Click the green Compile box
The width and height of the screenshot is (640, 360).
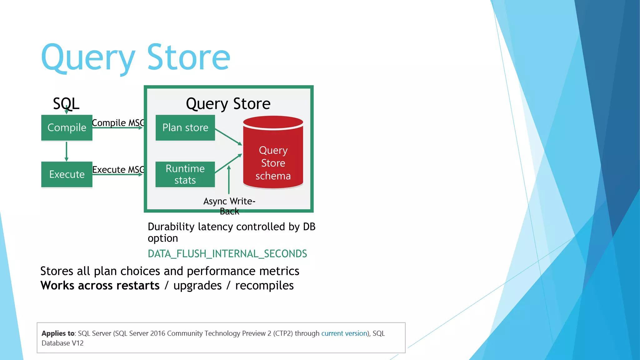pyautogui.click(x=67, y=127)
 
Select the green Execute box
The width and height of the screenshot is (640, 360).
pyautogui.click(x=67, y=174)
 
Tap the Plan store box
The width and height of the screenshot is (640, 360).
pyautogui.click(x=185, y=127)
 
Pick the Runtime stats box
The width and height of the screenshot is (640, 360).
pyautogui.click(x=185, y=174)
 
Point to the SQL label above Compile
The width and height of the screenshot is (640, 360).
pyautogui.click(x=66, y=103)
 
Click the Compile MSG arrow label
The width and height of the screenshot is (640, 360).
pyautogui.click(x=118, y=123)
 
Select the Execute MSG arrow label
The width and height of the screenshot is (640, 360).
pyautogui.click(x=118, y=170)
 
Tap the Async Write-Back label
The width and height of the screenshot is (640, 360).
pyautogui.click(x=229, y=206)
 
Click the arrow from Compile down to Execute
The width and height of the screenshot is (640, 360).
pyautogui.click(x=66, y=151)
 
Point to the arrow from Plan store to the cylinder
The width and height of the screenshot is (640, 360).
pyautogui.click(x=228, y=137)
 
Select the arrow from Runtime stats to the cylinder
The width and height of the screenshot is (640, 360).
pyautogui.click(x=228, y=163)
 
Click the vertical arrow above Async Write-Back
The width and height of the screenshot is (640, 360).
pyautogui.click(x=229, y=180)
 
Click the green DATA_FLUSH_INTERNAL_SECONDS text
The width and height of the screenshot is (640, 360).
pyautogui.click(x=227, y=254)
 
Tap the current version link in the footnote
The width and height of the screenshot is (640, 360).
pyautogui.click(x=344, y=333)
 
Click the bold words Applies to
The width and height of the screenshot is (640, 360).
pyautogui.click(x=58, y=333)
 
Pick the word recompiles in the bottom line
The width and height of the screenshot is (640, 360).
pyautogui.click(x=264, y=286)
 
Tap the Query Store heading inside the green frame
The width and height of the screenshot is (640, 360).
pyautogui.click(x=228, y=104)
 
